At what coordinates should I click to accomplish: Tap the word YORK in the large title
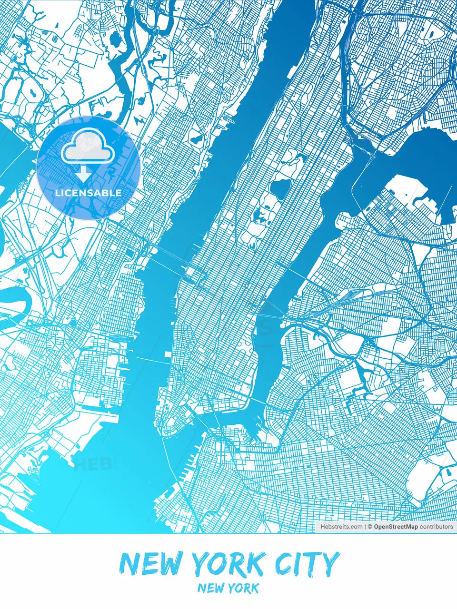click(x=227, y=564)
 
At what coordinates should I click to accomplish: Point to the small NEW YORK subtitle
click(x=228, y=588)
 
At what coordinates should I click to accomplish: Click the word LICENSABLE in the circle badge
click(x=88, y=193)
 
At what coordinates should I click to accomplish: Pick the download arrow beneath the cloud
click(x=84, y=174)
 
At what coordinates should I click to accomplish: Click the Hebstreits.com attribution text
click(x=341, y=527)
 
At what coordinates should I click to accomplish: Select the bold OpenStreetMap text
click(x=396, y=527)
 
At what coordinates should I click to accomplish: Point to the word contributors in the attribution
click(x=437, y=527)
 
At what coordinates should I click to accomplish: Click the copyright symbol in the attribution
click(x=369, y=527)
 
